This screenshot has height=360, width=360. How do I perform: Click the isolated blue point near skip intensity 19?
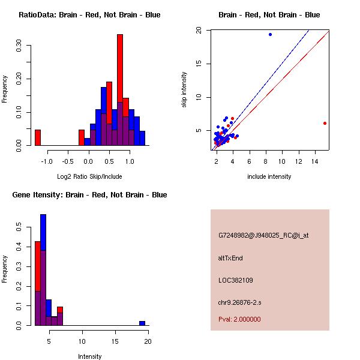(270, 34)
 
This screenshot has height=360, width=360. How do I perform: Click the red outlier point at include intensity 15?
(325, 123)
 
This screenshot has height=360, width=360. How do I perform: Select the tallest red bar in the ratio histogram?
(120, 90)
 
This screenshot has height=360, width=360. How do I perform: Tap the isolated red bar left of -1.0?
(37, 137)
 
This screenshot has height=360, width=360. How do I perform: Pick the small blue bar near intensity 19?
(142, 323)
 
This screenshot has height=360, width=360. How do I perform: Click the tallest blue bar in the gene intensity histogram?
(43, 270)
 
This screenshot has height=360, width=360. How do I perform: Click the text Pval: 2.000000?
(239, 319)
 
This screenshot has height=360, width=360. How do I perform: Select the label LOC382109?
(235, 280)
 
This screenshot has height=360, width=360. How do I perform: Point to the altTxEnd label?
(230, 258)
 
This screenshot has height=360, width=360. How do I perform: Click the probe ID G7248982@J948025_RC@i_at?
(263, 235)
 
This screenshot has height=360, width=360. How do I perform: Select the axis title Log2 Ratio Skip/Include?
(89, 176)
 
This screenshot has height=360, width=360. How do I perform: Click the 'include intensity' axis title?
(269, 176)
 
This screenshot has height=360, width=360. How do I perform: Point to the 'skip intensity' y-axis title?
(185, 90)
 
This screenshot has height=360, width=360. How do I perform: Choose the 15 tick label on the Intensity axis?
(115, 341)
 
